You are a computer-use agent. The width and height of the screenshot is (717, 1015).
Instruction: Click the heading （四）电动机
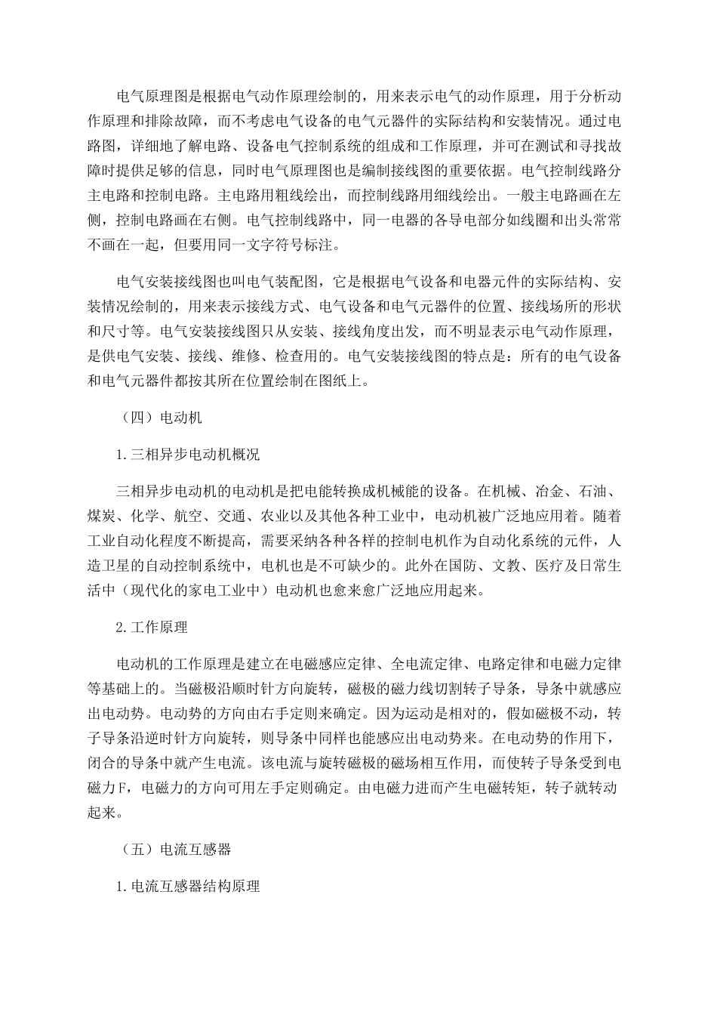(160, 416)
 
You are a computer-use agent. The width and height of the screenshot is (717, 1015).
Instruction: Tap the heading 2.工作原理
(152, 627)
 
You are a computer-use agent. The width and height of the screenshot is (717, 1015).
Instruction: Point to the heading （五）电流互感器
(174, 849)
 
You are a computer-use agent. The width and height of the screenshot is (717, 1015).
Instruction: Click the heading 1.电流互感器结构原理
(189, 887)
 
